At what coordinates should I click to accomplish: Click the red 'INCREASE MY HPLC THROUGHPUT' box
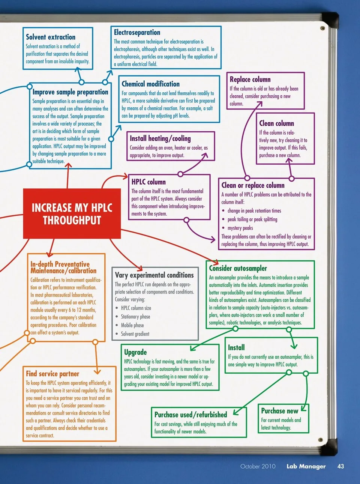(72, 213)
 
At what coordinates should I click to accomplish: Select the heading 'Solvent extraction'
(51, 37)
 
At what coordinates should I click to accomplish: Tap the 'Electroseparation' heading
(137, 33)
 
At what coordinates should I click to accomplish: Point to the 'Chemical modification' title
(150, 84)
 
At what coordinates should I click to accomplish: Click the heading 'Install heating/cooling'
(160, 138)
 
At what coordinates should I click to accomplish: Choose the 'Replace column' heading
(250, 80)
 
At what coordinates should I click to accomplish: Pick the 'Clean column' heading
(276, 123)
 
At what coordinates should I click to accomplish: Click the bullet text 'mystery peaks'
(240, 228)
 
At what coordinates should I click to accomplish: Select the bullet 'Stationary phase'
(135, 317)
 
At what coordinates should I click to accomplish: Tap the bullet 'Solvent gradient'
(135, 334)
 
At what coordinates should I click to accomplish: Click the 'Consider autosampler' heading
(238, 268)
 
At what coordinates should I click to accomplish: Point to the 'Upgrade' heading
(135, 352)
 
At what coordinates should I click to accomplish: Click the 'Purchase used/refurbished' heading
(190, 415)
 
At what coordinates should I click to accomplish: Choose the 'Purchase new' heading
(279, 411)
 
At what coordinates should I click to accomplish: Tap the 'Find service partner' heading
(52, 374)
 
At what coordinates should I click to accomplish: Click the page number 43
(340, 466)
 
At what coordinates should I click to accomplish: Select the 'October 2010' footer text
(258, 466)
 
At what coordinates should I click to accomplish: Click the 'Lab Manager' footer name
(306, 466)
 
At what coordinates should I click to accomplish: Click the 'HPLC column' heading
(148, 182)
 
